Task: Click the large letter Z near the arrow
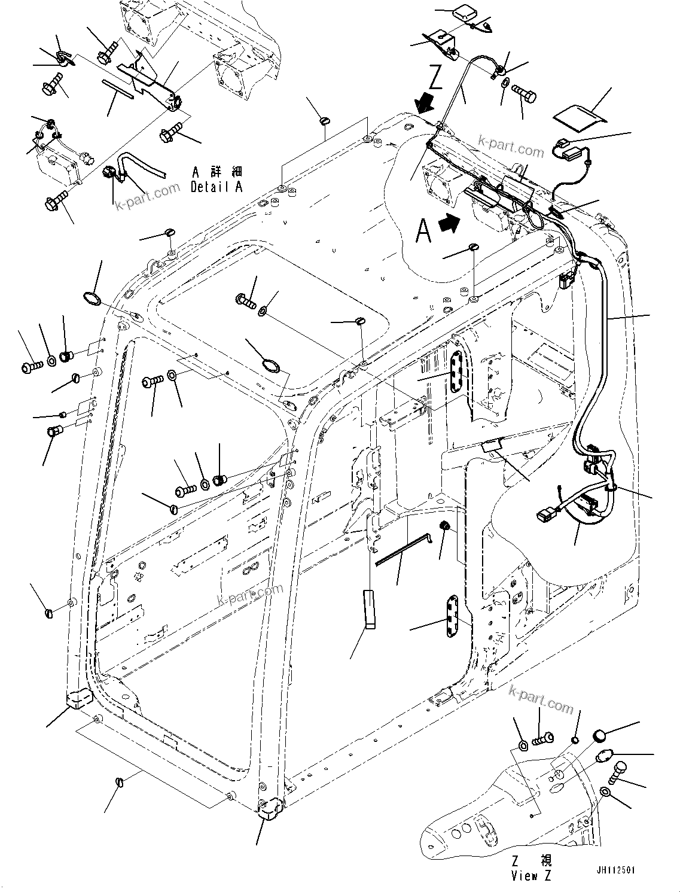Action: pos(435,78)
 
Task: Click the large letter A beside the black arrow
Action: pos(423,230)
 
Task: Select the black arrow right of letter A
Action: pos(450,224)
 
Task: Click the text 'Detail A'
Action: pos(216,187)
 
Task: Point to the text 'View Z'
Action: pos(532,876)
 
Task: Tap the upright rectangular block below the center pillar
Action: pos(369,610)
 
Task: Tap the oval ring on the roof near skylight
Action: pos(270,364)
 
